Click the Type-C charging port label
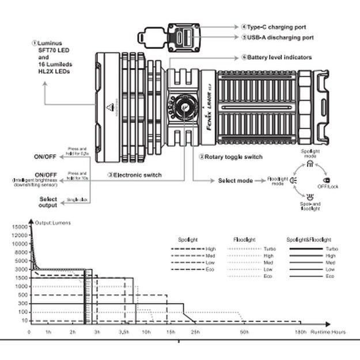point(276,27)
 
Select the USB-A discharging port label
point(280,37)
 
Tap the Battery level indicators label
point(280,58)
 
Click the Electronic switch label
point(137,175)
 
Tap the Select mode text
point(235,181)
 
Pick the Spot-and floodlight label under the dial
point(310,206)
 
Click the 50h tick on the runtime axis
point(245,332)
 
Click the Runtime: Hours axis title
point(328,332)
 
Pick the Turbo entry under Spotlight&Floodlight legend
point(330,248)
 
